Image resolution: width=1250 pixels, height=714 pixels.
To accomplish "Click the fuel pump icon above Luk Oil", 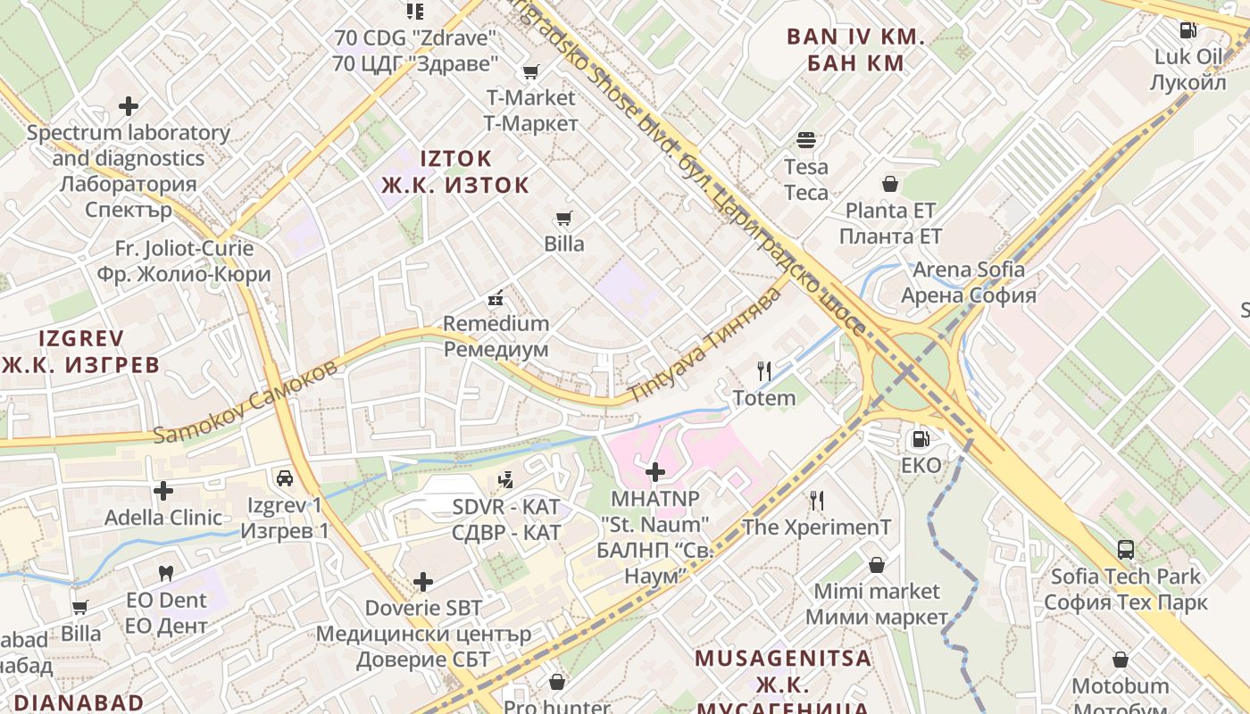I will pyautogui.click(x=1187, y=29).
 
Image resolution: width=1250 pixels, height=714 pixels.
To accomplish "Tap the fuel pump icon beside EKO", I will pyautogui.click(x=920, y=438).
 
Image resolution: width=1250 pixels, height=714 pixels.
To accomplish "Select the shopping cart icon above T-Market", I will pyautogui.click(x=531, y=71).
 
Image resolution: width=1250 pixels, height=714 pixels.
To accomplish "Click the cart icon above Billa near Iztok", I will pyautogui.click(x=563, y=218).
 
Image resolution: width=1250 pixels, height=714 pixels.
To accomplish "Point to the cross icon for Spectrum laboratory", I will pyautogui.click(x=129, y=106).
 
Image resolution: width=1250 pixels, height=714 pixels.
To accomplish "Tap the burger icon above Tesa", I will pyautogui.click(x=806, y=140).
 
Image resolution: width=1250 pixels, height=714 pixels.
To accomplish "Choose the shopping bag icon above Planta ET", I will pyautogui.click(x=890, y=185).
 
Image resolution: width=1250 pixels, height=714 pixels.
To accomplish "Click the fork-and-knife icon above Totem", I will pyautogui.click(x=763, y=370).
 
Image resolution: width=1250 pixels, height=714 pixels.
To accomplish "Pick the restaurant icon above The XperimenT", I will pyautogui.click(x=816, y=500).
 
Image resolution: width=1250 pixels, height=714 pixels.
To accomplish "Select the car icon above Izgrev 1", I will pyautogui.click(x=285, y=478).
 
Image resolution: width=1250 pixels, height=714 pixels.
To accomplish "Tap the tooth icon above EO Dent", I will pyautogui.click(x=165, y=573).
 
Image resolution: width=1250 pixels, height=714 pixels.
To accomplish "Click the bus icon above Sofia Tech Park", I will pyautogui.click(x=1126, y=550).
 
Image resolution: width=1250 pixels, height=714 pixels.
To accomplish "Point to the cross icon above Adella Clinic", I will pyautogui.click(x=163, y=490).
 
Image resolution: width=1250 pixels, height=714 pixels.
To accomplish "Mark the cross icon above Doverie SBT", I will pyautogui.click(x=423, y=582).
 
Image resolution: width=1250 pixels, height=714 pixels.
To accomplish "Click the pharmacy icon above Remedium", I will pyautogui.click(x=496, y=297).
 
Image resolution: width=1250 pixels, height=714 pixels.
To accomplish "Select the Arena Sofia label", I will pyautogui.click(x=968, y=282).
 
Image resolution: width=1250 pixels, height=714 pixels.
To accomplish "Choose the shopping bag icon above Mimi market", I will pyautogui.click(x=877, y=565).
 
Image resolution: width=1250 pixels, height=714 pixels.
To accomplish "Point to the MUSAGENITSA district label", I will pyautogui.click(x=782, y=659).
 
